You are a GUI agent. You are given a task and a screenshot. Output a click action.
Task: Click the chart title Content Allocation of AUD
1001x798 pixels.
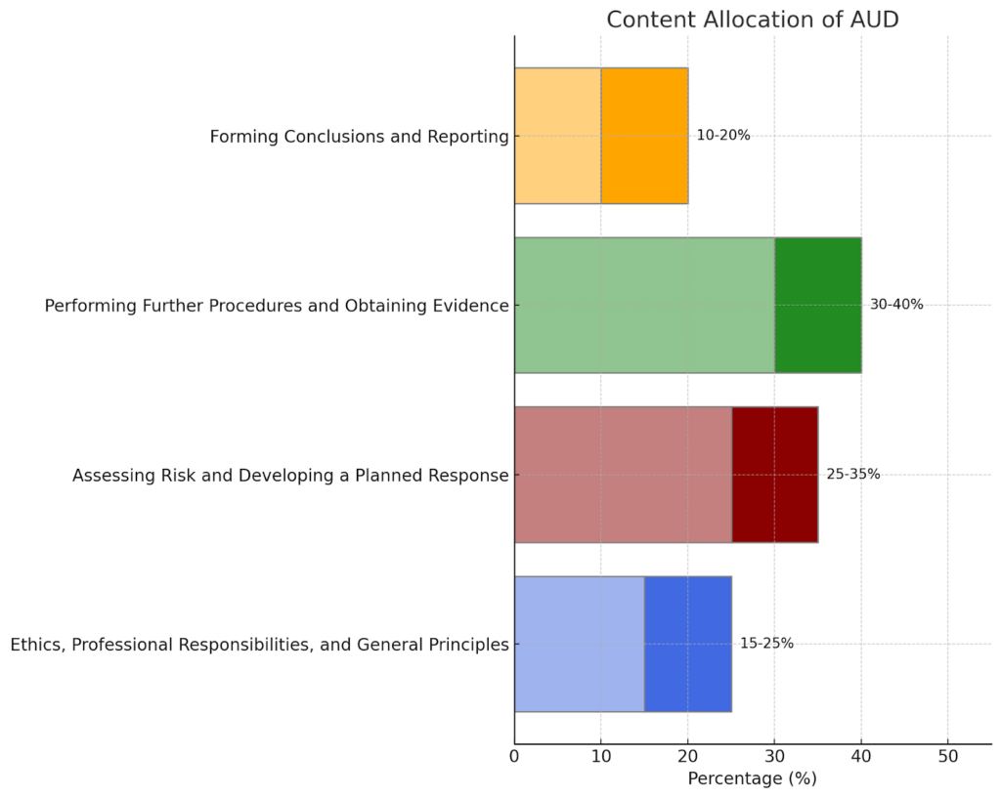(753, 20)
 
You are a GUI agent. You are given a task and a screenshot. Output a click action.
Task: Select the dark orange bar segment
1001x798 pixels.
(644, 136)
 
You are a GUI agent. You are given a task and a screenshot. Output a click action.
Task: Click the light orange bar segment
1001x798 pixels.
(557, 136)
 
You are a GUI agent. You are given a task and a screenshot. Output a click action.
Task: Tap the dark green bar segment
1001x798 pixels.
(818, 305)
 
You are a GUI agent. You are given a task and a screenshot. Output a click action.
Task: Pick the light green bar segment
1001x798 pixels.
(644, 305)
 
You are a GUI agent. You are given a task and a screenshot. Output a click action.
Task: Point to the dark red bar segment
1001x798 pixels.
(774, 475)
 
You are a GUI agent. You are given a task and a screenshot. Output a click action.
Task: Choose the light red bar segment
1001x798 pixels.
(623, 475)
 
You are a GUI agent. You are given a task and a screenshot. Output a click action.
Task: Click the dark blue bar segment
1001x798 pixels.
(687, 644)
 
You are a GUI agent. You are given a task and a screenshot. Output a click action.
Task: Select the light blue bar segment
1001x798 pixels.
(579, 644)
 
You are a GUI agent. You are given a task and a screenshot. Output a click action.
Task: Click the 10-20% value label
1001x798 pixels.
(723, 136)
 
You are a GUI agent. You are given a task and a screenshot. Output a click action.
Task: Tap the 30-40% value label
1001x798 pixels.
(896, 305)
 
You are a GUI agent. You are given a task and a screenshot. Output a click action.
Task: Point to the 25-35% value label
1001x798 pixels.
(853, 475)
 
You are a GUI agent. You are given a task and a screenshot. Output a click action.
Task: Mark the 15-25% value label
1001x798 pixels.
(766, 644)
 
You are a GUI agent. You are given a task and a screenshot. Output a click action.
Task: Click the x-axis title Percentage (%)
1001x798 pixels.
(752, 779)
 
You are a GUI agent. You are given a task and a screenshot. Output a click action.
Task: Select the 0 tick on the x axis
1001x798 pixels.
(515, 757)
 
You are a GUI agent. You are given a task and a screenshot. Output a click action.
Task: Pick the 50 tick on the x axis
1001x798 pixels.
(947, 757)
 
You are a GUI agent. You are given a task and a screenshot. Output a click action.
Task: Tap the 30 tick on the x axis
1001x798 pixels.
(774, 757)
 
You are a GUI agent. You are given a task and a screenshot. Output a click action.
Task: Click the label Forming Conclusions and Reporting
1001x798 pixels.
(359, 137)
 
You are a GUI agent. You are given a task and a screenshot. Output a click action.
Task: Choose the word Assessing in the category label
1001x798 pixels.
(112, 476)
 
